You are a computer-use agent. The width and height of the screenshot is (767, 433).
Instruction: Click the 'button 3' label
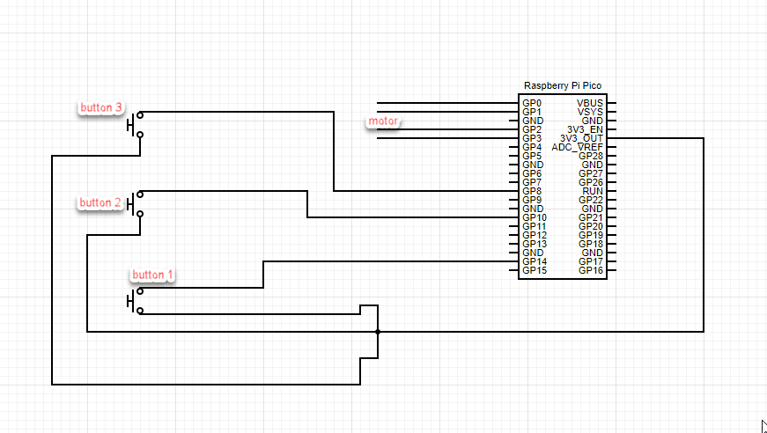100,107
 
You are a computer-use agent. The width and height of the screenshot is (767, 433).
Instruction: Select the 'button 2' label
100,202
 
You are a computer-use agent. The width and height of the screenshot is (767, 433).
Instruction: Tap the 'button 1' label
152,275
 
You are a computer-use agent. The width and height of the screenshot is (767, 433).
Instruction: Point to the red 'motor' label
383,121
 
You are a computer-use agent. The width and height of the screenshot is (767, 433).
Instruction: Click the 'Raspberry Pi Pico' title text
563,85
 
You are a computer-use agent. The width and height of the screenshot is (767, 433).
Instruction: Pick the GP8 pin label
532,191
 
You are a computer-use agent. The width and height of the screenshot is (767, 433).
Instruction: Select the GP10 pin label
535,217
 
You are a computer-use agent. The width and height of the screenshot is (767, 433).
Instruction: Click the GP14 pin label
535,261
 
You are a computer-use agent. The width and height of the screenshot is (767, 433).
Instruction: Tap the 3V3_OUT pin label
581,138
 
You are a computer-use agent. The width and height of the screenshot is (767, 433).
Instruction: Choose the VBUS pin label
590,103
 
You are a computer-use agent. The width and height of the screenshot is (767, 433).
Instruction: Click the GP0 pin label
532,103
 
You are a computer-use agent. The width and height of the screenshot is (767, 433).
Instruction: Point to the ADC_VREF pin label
577,147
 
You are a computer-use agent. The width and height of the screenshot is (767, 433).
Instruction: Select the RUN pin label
593,191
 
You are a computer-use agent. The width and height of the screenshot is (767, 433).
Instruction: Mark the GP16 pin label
591,270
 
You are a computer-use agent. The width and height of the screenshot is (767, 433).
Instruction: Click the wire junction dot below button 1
378,332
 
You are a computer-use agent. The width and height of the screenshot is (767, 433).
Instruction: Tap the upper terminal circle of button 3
140,115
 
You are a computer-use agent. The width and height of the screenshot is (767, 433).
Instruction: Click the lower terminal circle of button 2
140,214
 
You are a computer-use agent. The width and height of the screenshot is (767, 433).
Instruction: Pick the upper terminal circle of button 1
140,291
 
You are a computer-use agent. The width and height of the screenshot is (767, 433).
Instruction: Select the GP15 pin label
535,270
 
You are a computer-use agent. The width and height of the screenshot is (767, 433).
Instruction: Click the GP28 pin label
591,156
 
